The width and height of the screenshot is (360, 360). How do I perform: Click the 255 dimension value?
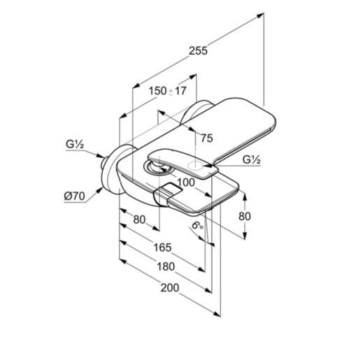tap(198, 50)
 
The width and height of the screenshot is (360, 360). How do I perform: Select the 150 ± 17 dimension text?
tap(168, 91)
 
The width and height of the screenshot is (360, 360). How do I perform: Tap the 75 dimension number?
tap(207, 138)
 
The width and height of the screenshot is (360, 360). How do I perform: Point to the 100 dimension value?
tap(186, 182)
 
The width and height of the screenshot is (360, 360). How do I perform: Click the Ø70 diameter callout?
tap(75, 196)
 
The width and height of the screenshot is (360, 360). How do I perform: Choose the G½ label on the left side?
tap(75, 145)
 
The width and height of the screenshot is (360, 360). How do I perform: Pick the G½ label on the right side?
tap(252, 159)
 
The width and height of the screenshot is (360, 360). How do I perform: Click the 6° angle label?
tap(197, 225)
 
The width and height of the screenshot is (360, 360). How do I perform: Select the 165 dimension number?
tap(162, 247)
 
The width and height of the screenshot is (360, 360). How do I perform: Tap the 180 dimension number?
tap(166, 266)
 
